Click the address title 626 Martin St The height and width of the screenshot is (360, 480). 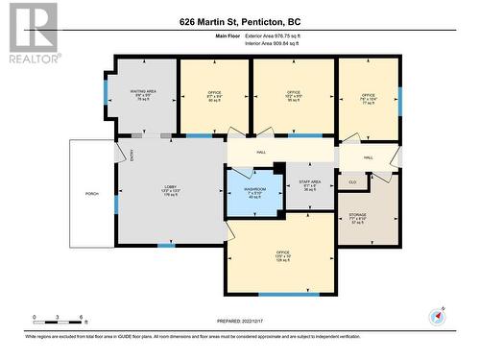(x=239, y=21)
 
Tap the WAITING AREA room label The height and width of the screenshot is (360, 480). (x=143, y=94)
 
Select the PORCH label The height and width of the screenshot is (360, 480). (x=92, y=193)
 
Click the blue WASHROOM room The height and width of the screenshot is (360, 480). (x=254, y=191)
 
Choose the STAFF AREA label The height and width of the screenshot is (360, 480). (x=309, y=185)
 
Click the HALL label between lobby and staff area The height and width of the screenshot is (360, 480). (x=261, y=152)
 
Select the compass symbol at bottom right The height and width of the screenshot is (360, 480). (x=439, y=316)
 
